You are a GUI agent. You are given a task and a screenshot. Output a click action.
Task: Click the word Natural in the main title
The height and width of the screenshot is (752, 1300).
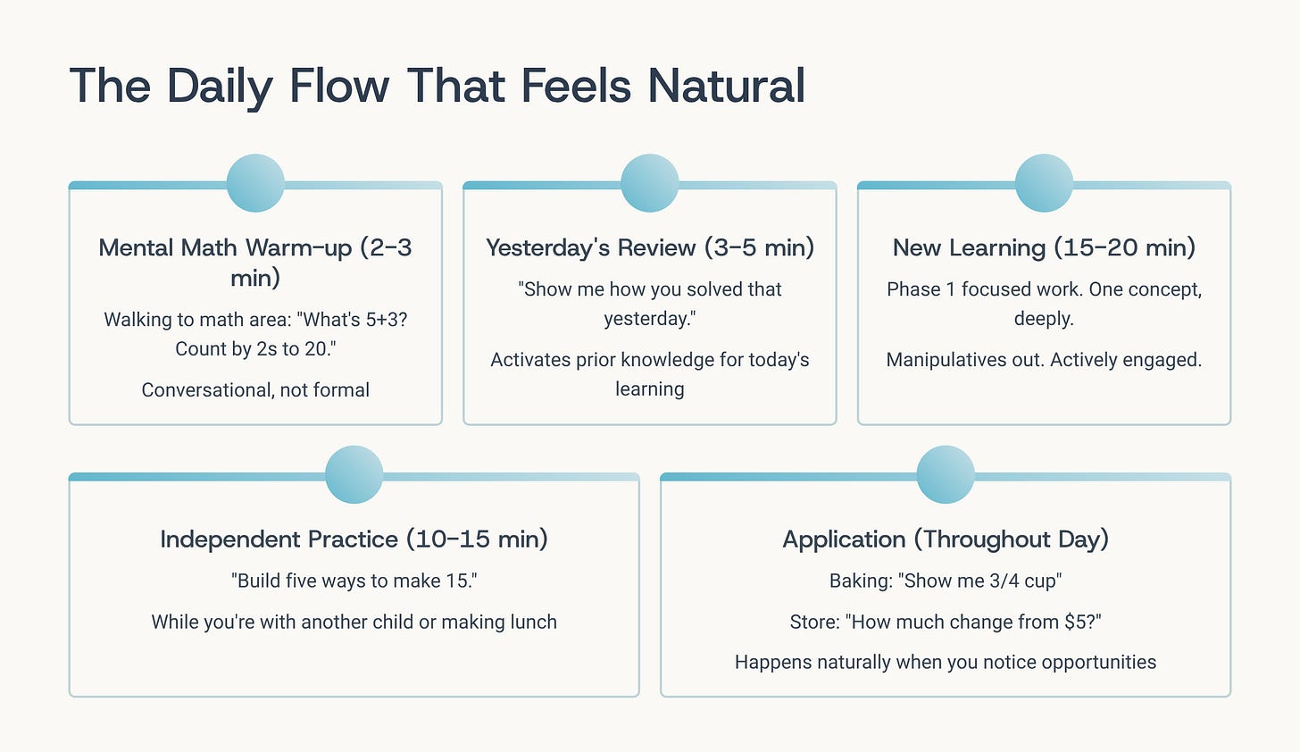point(726,87)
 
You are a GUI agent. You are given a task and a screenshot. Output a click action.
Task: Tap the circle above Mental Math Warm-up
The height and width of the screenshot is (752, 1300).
point(255,183)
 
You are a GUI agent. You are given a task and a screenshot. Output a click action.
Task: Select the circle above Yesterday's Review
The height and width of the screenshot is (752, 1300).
point(649,183)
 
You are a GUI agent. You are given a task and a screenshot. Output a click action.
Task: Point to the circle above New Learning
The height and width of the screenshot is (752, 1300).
point(1044,183)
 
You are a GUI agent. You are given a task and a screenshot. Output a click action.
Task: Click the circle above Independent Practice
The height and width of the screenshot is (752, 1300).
point(354,474)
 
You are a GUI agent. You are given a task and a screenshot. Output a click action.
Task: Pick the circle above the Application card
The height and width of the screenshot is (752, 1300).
point(946,474)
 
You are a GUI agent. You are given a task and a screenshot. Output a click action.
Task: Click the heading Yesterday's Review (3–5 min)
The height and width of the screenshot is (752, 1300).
point(649,247)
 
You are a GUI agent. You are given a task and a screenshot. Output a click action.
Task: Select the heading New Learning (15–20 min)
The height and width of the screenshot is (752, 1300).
point(1044,247)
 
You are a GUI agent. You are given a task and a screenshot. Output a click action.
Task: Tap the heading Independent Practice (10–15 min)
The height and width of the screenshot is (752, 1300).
point(354,539)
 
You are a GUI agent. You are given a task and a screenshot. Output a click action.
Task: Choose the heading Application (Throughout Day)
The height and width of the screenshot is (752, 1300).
point(946,539)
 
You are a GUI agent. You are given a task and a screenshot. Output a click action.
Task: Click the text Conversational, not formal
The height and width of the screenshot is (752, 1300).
point(255,389)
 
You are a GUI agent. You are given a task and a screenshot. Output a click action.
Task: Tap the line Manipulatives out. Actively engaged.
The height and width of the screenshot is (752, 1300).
point(1044,360)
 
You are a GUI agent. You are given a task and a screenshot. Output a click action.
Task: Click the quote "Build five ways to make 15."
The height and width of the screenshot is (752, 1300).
point(354,581)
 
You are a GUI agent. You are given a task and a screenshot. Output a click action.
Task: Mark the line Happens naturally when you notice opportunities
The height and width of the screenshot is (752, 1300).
point(946,662)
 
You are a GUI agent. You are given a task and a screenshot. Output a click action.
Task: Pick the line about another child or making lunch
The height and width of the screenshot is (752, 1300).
point(354,622)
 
